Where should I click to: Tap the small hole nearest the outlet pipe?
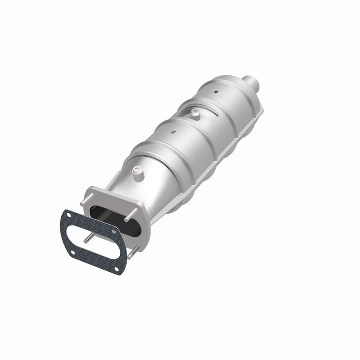click(x=216, y=92)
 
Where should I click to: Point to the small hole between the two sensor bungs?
click(x=173, y=133)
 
